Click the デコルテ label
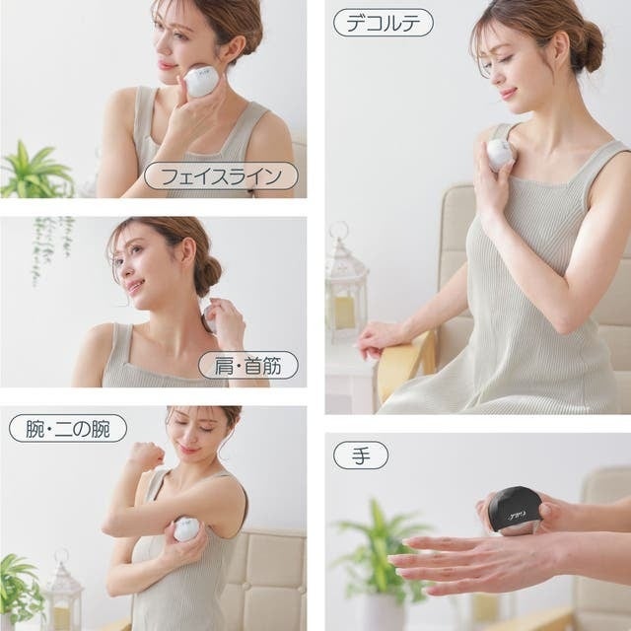(384, 23)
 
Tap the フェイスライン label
(221, 175)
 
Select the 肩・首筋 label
(248, 365)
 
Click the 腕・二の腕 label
(68, 428)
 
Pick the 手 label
(361, 456)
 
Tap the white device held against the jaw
(201, 82)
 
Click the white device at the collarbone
(499, 154)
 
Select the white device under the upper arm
(187, 528)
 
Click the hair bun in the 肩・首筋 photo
(207, 274)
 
